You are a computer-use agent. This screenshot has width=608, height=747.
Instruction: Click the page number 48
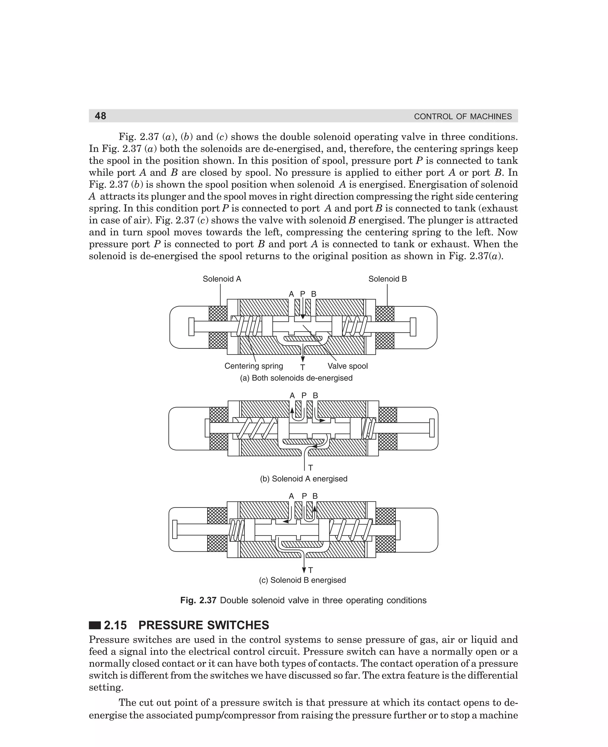coord(101,116)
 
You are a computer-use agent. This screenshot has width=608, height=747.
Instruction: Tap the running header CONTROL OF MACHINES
coord(463,117)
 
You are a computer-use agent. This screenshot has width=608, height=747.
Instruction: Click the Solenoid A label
coord(222,279)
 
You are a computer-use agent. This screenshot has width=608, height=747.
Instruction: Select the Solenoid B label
coord(387,279)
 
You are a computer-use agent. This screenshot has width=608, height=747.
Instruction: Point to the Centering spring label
coord(254,366)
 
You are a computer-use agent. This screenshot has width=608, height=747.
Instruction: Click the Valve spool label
coord(347,366)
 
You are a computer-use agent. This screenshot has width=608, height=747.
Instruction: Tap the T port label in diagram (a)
coord(303,367)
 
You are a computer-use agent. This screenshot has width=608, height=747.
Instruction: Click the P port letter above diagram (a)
coord(303,294)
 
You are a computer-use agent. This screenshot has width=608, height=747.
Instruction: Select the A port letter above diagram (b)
coord(292,395)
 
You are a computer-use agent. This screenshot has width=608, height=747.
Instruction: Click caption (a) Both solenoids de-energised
coord(296,378)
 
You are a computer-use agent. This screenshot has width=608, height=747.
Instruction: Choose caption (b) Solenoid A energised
coord(304,479)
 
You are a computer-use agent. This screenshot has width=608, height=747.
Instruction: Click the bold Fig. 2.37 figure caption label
coord(198,600)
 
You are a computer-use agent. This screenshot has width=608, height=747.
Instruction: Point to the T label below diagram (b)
coord(310,468)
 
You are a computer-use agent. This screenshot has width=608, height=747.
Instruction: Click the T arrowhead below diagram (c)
coord(304,569)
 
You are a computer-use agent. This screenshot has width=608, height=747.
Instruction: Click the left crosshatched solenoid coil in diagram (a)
coord(218,314)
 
